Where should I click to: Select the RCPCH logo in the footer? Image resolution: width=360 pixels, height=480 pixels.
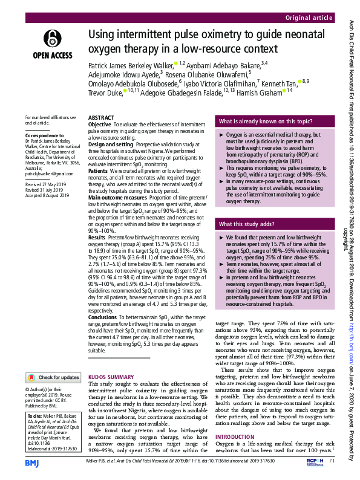310,462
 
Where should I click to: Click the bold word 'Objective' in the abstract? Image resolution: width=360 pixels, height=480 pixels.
100,124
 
